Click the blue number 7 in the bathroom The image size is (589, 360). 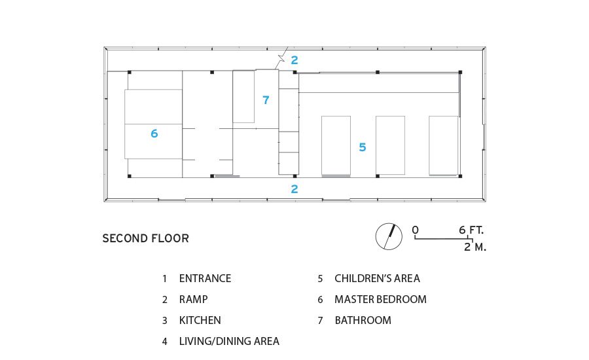pyautogui.click(x=266, y=100)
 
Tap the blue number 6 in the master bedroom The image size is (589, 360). pyautogui.click(x=154, y=134)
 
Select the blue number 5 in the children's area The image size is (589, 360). pyautogui.click(x=362, y=147)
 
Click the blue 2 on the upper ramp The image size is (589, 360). pyautogui.click(x=294, y=60)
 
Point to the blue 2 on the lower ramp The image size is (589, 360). pyautogui.click(x=294, y=189)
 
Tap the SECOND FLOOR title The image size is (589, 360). pyautogui.click(x=146, y=238)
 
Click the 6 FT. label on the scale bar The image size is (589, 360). pyautogui.click(x=471, y=230)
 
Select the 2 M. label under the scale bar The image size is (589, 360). pyautogui.click(x=475, y=247)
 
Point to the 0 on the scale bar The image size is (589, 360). pyautogui.click(x=415, y=230)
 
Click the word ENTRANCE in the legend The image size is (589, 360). pyautogui.click(x=205, y=278)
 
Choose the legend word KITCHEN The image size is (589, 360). pyautogui.click(x=200, y=320)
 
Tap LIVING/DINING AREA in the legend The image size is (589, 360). pyautogui.click(x=229, y=341)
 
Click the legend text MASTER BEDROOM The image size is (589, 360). pyautogui.click(x=380, y=300)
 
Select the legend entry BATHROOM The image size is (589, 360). pyautogui.click(x=363, y=320)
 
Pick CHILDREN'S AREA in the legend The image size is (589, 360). pyautogui.click(x=377, y=278)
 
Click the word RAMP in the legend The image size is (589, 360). pyautogui.click(x=194, y=300)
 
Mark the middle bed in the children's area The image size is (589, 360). pyautogui.click(x=390, y=145)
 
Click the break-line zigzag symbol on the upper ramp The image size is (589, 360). pyautogui.click(x=281, y=58)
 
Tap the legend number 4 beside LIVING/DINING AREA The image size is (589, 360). pyautogui.click(x=164, y=342)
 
